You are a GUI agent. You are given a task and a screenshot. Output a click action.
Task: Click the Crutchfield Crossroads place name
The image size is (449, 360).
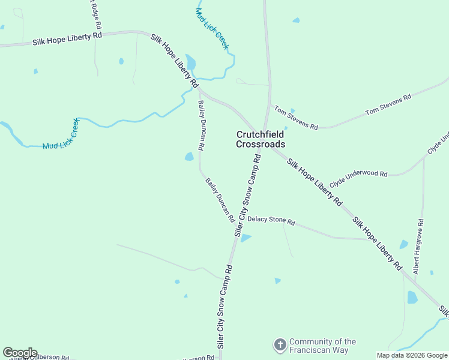[x=261, y=139]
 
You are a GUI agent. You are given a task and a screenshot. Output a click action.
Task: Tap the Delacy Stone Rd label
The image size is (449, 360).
[x=271, y=221]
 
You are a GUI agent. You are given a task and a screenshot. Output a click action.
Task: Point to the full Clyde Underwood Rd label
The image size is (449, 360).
[x=358, y=173]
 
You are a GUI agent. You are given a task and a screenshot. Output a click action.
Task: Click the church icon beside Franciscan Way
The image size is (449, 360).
[x=280, y=345]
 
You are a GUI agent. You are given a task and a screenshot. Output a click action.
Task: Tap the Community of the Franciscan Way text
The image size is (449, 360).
[x=322, y=345]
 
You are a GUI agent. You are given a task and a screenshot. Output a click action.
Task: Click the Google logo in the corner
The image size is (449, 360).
[x=20, y=353]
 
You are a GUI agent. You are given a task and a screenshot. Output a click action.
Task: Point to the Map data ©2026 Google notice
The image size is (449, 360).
[x=412, y=355]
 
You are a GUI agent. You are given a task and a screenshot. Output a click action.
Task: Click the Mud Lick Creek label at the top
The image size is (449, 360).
[x=213, y=29]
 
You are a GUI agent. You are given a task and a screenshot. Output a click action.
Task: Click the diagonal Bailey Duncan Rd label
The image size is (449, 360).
[x=219, y=200]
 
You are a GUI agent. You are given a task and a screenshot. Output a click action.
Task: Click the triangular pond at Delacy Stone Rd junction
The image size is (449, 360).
[x=245, y=238]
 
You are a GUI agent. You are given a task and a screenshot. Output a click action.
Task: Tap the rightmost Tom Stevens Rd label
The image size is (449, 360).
[x=388, y=104]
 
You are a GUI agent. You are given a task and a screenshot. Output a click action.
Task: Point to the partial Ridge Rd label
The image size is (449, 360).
[x=95, y=14]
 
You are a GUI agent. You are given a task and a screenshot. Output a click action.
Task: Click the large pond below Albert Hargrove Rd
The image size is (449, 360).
[x=412, y=297]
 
